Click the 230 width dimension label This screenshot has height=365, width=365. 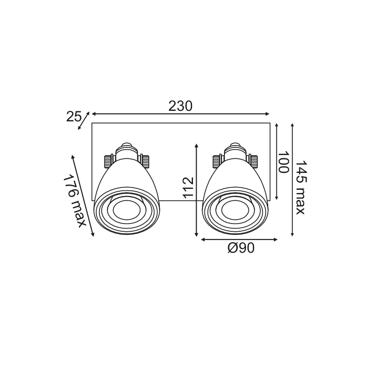[x=180, y=106]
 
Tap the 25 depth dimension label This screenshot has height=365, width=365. [x=73, y=117]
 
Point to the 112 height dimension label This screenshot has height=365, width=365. [x=188, y=188]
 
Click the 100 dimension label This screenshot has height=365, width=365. [x=283, y=162]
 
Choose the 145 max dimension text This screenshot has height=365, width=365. [x=300, y=188]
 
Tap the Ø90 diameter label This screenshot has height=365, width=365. [x=241, y=248]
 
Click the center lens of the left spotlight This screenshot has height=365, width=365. [x=127, y=210]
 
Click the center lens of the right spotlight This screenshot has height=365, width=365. [x=235, y=210]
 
